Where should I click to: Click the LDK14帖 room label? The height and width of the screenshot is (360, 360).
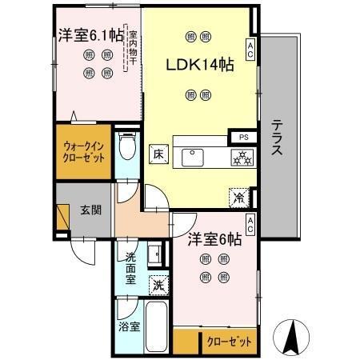(199, 66)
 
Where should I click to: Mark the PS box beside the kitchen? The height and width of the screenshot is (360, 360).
(242, 137)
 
